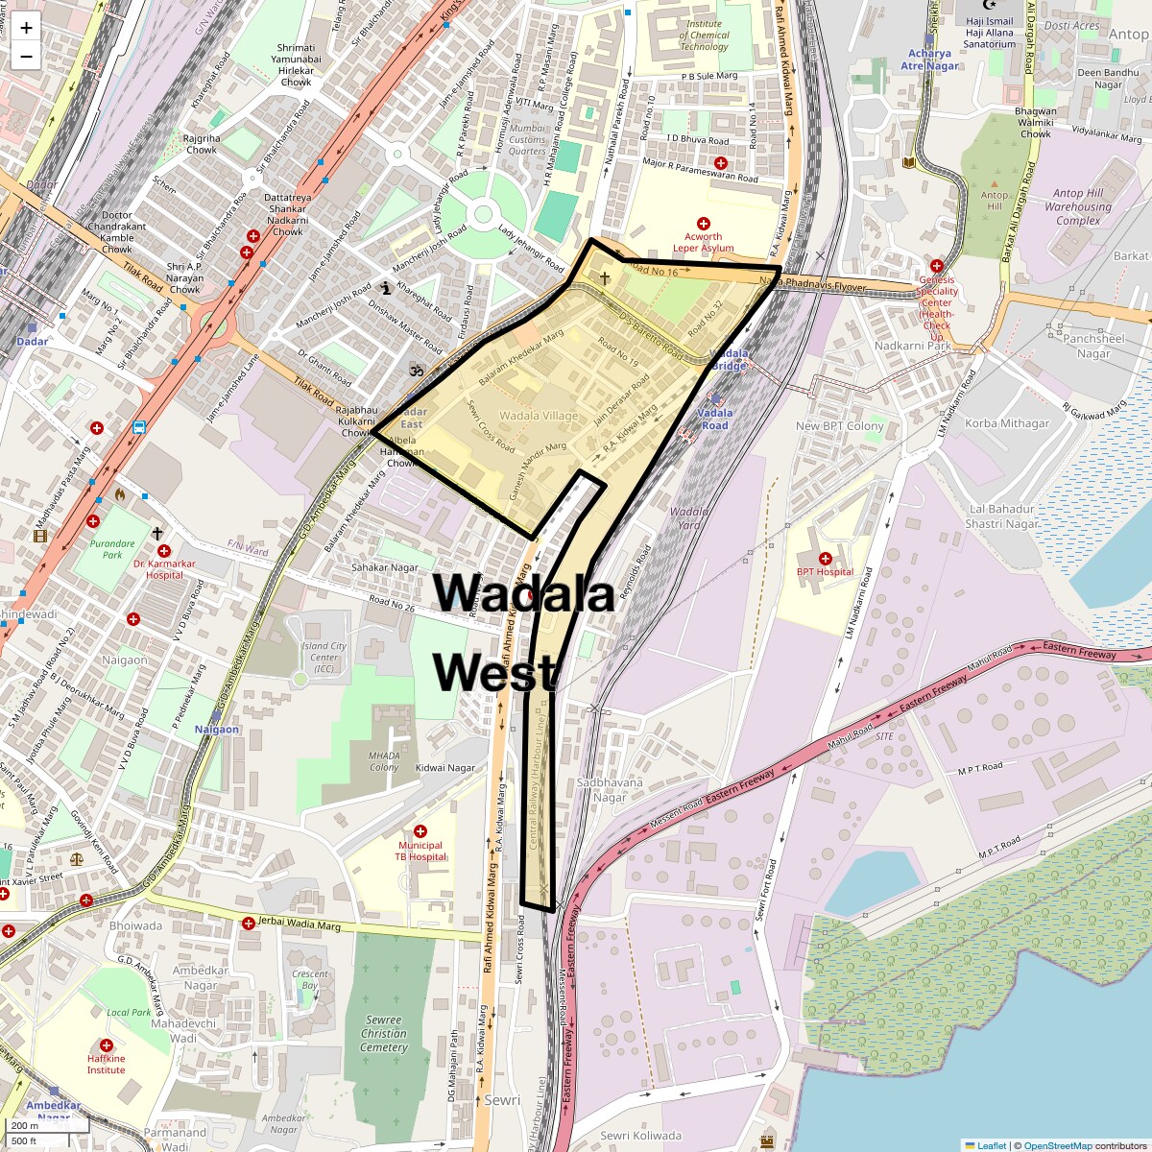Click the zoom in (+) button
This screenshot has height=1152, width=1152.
click(26, 28)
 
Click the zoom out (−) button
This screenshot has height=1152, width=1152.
click(26, 56)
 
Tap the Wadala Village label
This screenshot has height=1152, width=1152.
click(539, 416)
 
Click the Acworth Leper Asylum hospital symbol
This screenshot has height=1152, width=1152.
click(703, 223)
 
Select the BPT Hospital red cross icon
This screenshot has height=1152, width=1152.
click(825, 558)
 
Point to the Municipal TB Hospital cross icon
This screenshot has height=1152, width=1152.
click(420, 830)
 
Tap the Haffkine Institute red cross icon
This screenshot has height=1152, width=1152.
click(106, 1044)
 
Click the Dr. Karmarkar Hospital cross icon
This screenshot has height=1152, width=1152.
click(164, 551)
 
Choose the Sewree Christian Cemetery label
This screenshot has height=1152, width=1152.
click(383, 1034)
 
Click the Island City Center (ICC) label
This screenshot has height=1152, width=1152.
click(324, 658)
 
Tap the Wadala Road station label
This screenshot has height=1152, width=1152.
click(714, 420)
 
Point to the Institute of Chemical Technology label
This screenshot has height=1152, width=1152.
click(704, 36)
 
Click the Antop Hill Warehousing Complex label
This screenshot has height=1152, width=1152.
click(1078, 206)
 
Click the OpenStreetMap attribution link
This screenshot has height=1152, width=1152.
click(1057, 1145)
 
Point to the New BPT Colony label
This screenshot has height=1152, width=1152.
click(839, 426)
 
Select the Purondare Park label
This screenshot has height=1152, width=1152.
click(112, 549)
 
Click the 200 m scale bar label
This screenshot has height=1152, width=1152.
click(26, 1125)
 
